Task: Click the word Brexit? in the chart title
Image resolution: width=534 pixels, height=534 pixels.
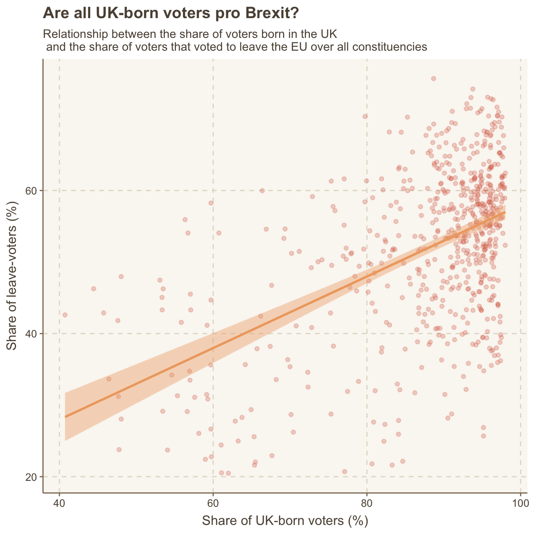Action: [x=272, y=14]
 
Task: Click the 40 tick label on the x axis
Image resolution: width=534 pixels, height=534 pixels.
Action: [x=59, y=504]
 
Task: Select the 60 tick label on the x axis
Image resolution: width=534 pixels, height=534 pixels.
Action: [x=213, y=504]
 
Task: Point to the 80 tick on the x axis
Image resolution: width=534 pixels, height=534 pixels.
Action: [x=367, y=504]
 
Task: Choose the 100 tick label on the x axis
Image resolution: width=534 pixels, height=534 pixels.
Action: [x=520, y=504]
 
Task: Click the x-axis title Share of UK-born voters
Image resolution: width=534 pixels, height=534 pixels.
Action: [x=285, y=521]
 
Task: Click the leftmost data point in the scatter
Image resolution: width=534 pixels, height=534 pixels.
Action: [x=65, y=315]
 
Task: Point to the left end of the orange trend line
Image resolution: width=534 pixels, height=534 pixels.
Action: [x=65, y=417]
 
